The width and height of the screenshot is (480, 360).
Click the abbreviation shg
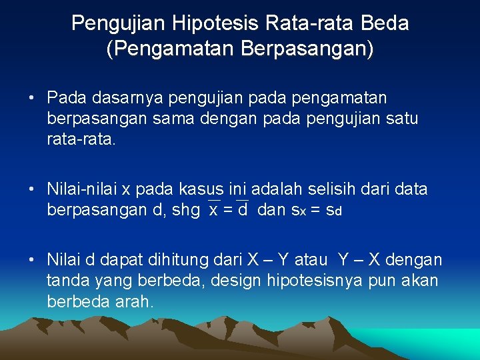coord(185,211)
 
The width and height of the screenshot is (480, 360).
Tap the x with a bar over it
coord(213,210)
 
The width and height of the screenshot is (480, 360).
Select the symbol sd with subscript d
coord(333,211)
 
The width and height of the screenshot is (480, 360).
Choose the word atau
coord(308,260)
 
